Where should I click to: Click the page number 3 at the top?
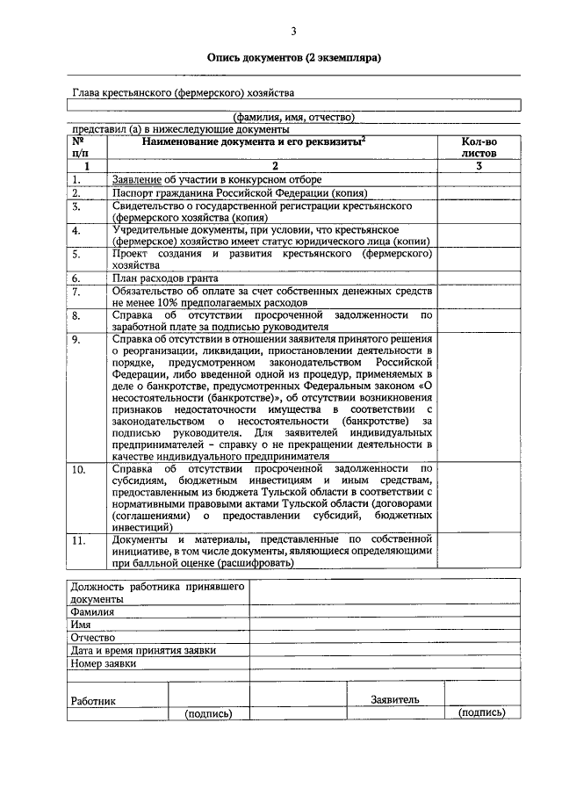(294, 32)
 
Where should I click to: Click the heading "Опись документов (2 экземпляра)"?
(293, 59)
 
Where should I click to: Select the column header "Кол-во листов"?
(479, 146)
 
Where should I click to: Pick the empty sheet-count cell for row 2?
(479, 193)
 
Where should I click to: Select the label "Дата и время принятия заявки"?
(143, 650)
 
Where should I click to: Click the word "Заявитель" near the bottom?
(395, 699)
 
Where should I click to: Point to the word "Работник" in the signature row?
(94, 701)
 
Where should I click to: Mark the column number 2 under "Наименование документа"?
(274, 165)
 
